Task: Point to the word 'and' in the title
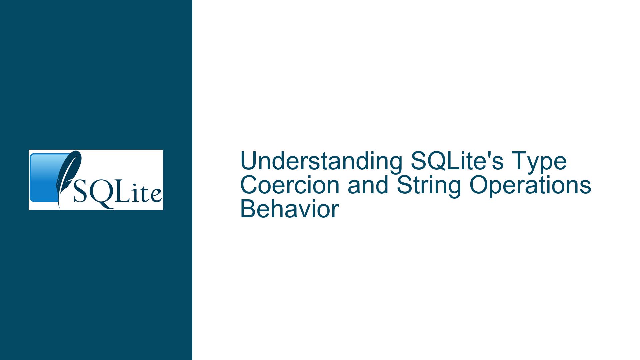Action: click(x=368, y=185)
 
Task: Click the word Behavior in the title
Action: click(x=289, y=209)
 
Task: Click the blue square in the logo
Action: click(x=47, y=178)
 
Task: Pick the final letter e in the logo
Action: click(x=156, y=196)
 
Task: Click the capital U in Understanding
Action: click(x=248, y=162)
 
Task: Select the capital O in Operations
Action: click(x=479, y=186)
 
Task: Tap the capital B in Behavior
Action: click(x=248, y=209)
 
